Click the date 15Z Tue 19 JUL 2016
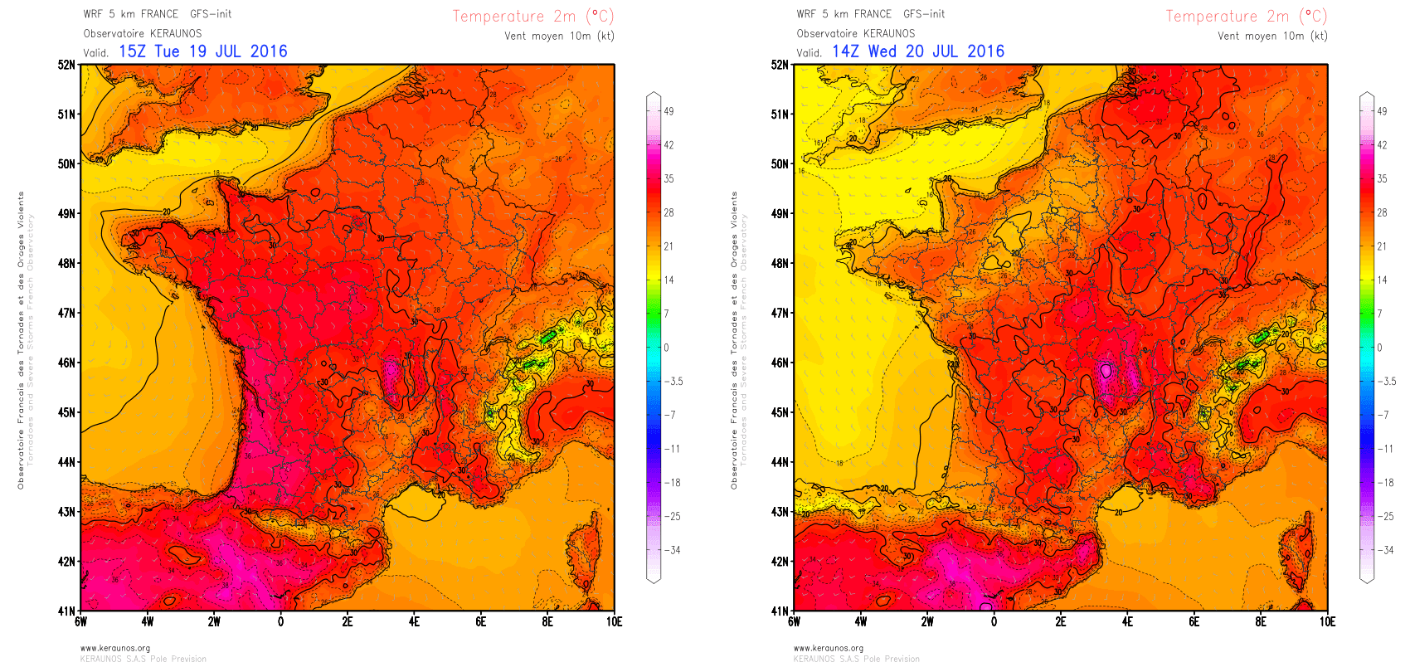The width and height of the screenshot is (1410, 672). pyautogui.click(x=203, y=51)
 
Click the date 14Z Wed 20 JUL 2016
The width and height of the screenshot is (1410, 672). pyautogui.click(x=918, y=51)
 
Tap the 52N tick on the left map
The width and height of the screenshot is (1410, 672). pyautogui.click(x=66, y=65)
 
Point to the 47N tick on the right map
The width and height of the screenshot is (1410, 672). pyautogui.click(x=780, y=314)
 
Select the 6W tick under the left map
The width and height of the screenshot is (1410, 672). pyautogui.click(x=80, y=621)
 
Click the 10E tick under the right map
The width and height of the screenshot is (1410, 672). pyautogui.click(x=1327, y=621)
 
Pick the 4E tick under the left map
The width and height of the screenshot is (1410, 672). pyautogui.click(x=414, y=621)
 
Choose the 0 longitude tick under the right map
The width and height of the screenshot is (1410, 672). pyautogui.click(x=994, y=621)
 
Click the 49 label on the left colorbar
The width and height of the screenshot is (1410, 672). pyautogui.click(x=669, y=111)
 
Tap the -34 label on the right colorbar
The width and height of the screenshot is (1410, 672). pyautogui.click(x=1386, y=550)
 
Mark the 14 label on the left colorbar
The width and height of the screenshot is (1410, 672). pyautogui.click(x=669, y=280)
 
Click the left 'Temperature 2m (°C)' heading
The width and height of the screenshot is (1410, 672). pyautogui.click(x=532, y=17)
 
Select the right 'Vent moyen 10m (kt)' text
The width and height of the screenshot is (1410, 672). pyautogui.click(x=1272, y=36)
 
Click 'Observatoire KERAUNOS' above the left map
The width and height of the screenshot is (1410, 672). pyautogui.click(x=143, y=34)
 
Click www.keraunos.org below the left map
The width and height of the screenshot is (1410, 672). pyautogui.click(x=115, y=649)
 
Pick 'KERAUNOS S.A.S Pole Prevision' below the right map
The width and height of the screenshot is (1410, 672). pyautogui.click(x=857, y=660)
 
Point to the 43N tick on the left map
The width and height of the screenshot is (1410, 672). pyautogui.click(x=66, y=512)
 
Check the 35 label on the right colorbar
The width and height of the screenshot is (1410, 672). pyautogui.click(x=1382, y=178)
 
